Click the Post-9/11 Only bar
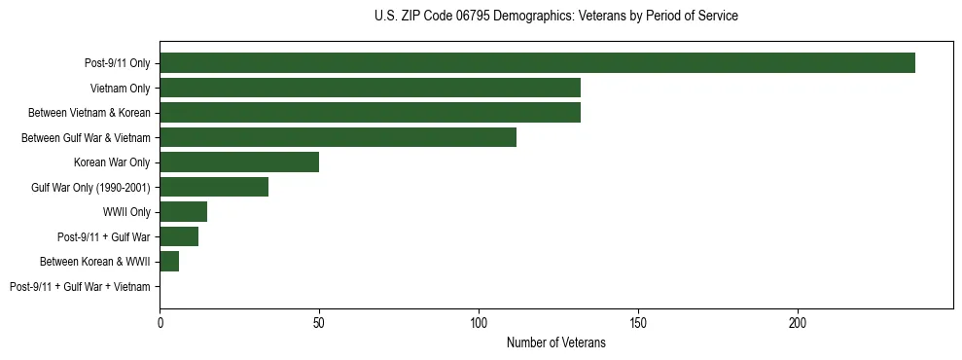click(x=537, y=63)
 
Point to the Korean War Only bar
click(x=239, y=162)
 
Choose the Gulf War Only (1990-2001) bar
click(x=214, y=187)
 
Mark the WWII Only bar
click(x=184, y=212)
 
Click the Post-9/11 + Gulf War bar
click(x=179, y=236)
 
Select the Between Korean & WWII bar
click(x=169, y=262)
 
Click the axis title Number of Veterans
click(x=555, y=342)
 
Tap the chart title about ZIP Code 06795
click(x=555, y=17)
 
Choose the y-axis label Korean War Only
click(x=112, y=162)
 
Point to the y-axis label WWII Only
click(x=126, y=212)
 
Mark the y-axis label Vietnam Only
click(x=120, y=88)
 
